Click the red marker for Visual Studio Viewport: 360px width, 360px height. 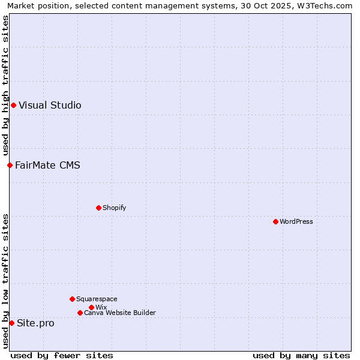coord(13,106)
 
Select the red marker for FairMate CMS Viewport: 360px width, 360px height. coord(10,165)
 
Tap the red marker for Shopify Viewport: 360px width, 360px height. coord(98,208)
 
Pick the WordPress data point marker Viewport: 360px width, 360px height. coord(275,221)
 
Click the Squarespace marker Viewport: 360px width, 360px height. coord(72,299)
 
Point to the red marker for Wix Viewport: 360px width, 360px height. coord(91,307)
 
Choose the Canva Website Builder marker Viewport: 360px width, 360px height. coord(80,313)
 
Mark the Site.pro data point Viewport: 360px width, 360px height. coord(11,323)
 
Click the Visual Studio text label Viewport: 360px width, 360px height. coord(50,106)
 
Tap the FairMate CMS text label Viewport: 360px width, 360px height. coord(47,165)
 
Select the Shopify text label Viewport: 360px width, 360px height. coord(114,208)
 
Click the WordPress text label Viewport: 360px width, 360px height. coord(296,221)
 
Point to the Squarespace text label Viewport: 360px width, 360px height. coord(97,299)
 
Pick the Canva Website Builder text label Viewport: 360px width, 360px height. coord(119,313)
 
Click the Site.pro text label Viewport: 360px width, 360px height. coord(35,323)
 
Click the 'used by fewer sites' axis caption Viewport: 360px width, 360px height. coord(62,355)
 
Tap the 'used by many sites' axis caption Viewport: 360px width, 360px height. coord(301,355)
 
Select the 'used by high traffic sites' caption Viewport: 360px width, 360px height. coord(5,85)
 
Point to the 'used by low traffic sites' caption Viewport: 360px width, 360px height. coord(5,281)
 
